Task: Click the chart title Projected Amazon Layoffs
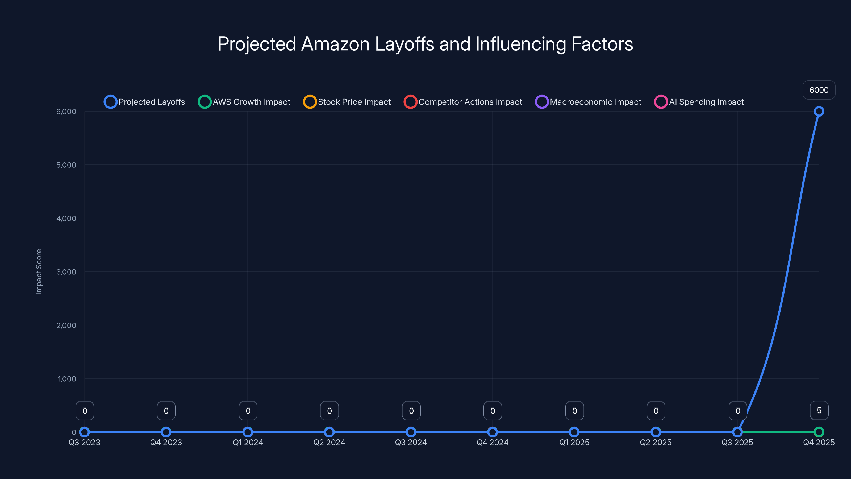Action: point(425,44)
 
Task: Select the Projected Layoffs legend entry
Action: point(144,102)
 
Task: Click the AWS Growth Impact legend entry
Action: point(244,102)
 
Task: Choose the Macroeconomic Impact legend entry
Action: point(588,102)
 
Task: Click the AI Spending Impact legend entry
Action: point(699,102)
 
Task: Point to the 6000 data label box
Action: point(819,90)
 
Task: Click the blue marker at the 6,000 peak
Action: point(819,112)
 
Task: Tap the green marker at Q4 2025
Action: point(819,432)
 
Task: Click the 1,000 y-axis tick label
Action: point(67,379)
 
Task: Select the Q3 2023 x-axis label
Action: point(84,442)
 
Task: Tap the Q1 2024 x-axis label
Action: point(248,442)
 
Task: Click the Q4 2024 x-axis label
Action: point(492,442)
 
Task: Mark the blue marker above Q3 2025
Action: point(737,432)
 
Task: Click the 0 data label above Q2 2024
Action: point(329,411)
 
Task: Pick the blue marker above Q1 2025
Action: point(574,432)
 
